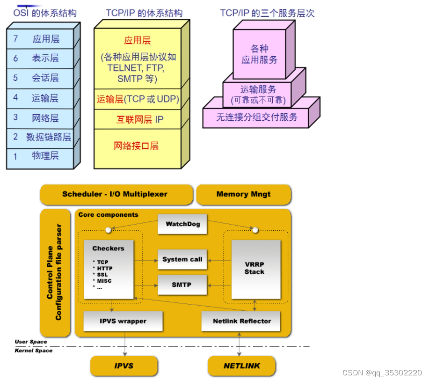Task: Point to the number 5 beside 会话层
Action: [x=15, y=78]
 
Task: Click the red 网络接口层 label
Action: [x=137, y=146]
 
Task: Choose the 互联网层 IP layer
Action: [x=139, y=119]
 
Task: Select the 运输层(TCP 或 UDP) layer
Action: [x=138, y=99]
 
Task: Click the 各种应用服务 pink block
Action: [x=259, y=54]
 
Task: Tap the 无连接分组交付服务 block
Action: [x=256, y=117]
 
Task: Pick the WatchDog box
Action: [x=182, y=224]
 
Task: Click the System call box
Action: [x=182, y=259]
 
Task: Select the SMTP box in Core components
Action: [x=182, y=285]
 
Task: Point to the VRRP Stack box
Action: [x=254, y=269]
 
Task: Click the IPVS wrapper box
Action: [x=123, y=321]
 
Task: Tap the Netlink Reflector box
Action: [x=241, y=321]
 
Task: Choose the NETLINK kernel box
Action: [x=241, y=366]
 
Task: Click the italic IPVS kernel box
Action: [x=124, y=366]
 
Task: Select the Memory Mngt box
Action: [x=243, y=194]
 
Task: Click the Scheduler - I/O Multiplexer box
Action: [x=115, y=194]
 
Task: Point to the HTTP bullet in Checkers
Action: [x=104, y=268]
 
